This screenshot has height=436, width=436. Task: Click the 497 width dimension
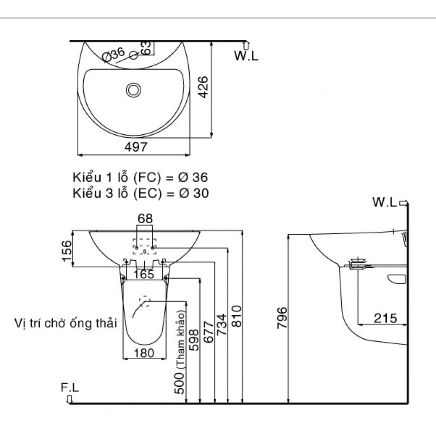(136, 147)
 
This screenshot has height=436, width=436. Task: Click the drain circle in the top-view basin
(133, 90)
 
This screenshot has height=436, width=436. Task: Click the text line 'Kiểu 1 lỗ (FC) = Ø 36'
(140, 177)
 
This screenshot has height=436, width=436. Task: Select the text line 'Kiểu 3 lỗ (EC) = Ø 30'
(140, 193)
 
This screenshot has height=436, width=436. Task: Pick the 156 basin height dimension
(67, 251)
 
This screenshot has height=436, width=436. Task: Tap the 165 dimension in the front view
(144, 274)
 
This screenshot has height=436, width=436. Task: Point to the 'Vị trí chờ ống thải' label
(65, 324)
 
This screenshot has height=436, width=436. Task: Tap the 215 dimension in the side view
(385, 318)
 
